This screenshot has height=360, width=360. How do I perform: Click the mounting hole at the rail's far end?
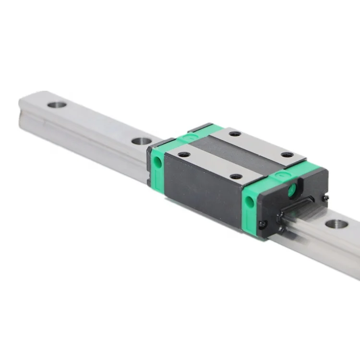tap(57, 104)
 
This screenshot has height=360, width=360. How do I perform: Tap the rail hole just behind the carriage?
tap(141, 141)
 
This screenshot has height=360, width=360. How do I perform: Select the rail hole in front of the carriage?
tap(336, 224)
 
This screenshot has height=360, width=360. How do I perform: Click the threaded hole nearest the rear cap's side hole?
tap(183, 155)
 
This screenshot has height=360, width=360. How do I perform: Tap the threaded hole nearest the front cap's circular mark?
tap(287, 155)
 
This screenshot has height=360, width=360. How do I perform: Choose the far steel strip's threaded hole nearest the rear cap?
tap(235, 133)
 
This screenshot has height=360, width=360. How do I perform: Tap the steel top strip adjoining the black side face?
tap(211, 166)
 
